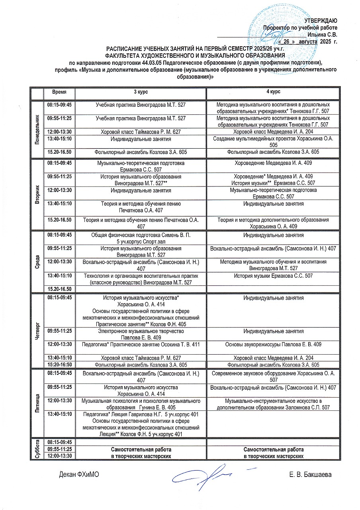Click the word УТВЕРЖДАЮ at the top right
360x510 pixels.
321,21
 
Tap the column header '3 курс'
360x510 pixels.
140,92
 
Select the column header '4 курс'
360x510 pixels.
273,92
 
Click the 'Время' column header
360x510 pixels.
59,92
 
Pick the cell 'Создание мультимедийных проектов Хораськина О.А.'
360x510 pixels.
273,142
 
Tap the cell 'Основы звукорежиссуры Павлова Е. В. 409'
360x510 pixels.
273,344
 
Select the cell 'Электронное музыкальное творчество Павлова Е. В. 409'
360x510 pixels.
140,334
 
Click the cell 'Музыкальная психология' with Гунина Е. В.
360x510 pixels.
140,404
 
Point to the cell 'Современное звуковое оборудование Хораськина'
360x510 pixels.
273,377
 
